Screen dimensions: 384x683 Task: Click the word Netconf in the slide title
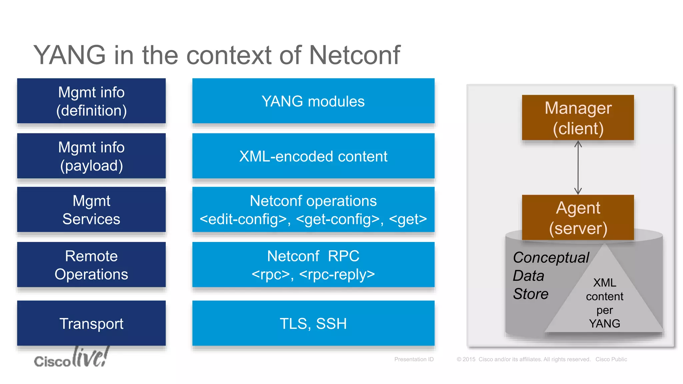click(354, 55)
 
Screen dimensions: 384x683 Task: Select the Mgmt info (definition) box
click(91, 101)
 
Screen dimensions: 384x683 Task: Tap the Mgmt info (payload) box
click(91, 156)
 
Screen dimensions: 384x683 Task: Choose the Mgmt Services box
click(91, 210)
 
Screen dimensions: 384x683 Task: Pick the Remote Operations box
click(91, 265)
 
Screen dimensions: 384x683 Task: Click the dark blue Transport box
click(91, 323)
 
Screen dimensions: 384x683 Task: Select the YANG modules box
click(313, 101)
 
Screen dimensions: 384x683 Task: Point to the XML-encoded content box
click(313, 156)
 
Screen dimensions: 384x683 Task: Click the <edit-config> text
click(243, 219)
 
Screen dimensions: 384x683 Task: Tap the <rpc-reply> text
click(337, 274)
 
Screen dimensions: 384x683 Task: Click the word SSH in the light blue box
click(331, 324)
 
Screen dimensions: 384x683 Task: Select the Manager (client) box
click(578, 118)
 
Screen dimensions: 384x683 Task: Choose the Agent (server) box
click(578, 217)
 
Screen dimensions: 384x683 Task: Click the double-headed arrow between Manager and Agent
click(578, 167)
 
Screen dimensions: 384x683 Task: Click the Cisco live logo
click(71, 358)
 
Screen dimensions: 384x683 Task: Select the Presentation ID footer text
click(414, 359)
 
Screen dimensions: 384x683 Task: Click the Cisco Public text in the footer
click(611, 359)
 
